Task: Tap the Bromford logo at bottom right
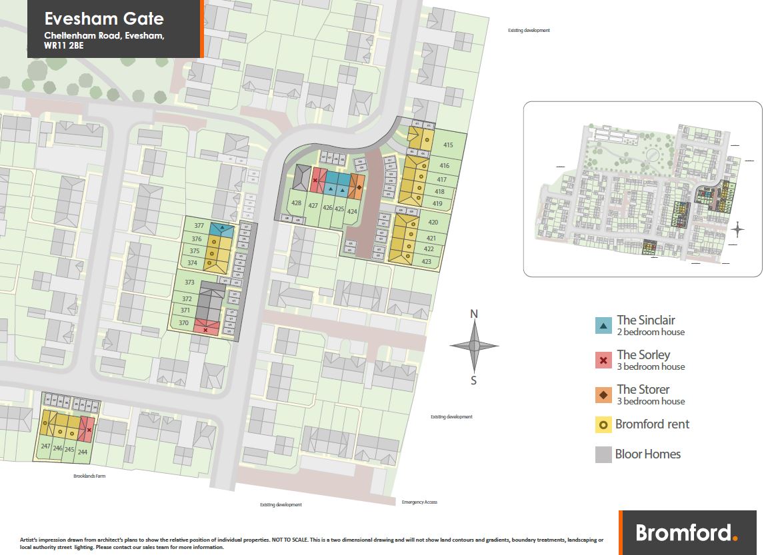pyautogui.click(x=687, y=532)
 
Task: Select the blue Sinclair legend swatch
pyautogui.click(x=603, y=326)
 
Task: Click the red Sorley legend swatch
pyautogui.click(x=603, y=360)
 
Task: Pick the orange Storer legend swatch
pyautogui.click(x=603, y=395)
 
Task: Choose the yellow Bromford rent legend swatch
pyautogui.click(x=603, y=424)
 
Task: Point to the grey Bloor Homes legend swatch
pyautogui.click(x=603, y=454)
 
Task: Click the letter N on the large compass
pyautogui.click(x=474, y=314)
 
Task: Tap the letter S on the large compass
pyautogui.click(x=474, y=381)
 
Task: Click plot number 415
pyautogui.click(x=447, y=145)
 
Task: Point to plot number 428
pyautogui.click(x=297, y=204)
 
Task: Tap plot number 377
pyautogui.click(x=198, y=226)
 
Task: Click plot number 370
pyautogui.click(x=184, y=323)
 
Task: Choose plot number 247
pyautogui.click(x=45, y=447)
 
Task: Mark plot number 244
pyautogui.click(x=83, y=452)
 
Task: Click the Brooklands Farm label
pyautogui.click(x=90, y=476)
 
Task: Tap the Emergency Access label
pyautogui.click(x=419, y=502)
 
